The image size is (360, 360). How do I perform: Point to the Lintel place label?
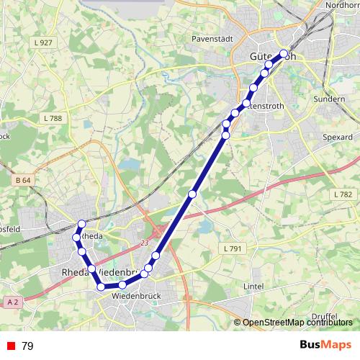(x=253, y=286)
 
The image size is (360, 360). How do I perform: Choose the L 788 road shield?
(x=53, y=118)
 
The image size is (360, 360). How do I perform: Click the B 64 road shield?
(x=23, y=179)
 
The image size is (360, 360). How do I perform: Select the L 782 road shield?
(x=343, y=194)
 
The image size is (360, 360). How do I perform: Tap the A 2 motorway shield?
(x=11, y=302)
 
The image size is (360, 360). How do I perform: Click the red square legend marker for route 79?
(x=10, y=346)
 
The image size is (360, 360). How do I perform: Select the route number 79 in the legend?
(x=27, y=346)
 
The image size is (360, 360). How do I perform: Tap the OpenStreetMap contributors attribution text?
(x=297, y=323)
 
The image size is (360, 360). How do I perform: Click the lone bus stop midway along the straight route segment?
(x=192, y=194)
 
